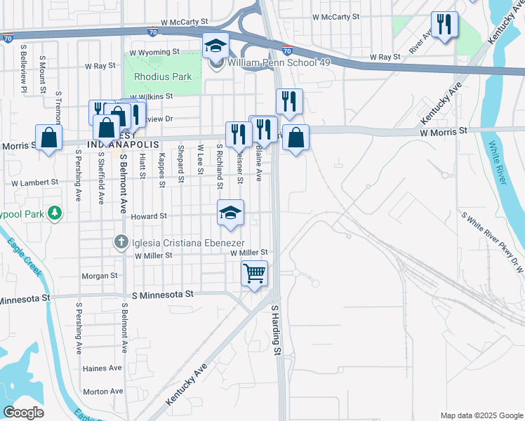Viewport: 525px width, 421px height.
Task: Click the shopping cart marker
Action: pyautogui.click(x=254, y=273)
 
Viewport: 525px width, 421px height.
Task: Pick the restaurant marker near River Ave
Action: pyautogui.click(x=444, y=25)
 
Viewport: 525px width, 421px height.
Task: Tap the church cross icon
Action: pyautogui.click(x=121, y=242)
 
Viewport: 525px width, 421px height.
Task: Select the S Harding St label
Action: pyautogui.click(x=276, y=330)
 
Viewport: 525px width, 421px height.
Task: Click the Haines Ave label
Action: pyautogui.click(x=102, y=368)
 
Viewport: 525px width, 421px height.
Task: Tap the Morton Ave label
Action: pyautogui.click(x=102, y=392)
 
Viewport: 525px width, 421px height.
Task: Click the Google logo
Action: pyautogui.click(x=23, y=413)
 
